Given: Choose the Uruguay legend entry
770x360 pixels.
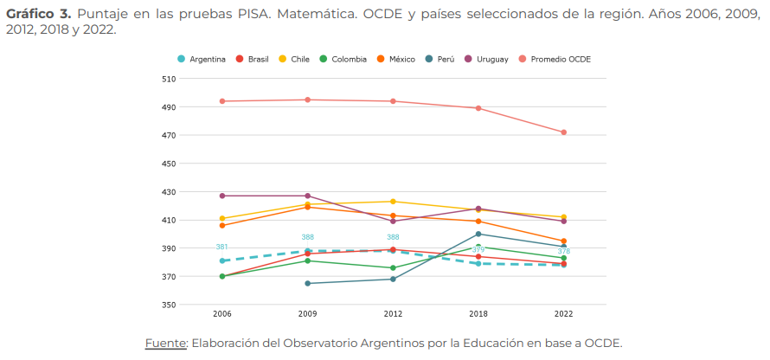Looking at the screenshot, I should pos(487,59).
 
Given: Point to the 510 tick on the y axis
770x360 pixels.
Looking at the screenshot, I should pos(169,79).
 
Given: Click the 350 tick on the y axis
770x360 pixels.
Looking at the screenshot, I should pos(169,305).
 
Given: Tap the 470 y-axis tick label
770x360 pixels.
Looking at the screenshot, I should pos(169,136).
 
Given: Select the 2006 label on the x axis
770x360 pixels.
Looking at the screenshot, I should pos(222,314).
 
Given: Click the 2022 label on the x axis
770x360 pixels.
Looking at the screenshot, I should pos(563,314).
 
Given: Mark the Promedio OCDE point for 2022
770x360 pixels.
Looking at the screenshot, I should pos(563,132).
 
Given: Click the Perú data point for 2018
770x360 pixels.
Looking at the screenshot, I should pos(478,234).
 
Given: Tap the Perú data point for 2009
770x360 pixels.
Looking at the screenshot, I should pos(307,283).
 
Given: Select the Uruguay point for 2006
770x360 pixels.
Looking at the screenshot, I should pos(222,196).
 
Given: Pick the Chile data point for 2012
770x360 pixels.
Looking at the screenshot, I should pos(393,202).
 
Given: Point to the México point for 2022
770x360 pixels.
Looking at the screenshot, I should pos(563,241).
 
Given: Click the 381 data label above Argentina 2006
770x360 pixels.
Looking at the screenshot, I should pos(222,247).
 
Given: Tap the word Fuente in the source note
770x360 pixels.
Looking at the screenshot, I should pos(164,342).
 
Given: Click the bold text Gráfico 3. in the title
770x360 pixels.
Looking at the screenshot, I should pos(38,15).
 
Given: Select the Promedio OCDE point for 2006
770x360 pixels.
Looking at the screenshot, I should pos(222,101).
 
